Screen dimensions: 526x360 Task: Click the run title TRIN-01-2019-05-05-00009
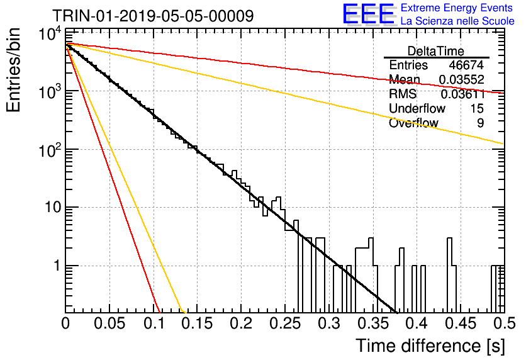coord(153,16)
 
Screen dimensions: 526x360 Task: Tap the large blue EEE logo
coord(369,14)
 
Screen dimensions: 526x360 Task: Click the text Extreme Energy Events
coord(457,8)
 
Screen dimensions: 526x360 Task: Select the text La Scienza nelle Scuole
coord(457,21)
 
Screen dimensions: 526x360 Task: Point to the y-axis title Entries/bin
coord(13,70)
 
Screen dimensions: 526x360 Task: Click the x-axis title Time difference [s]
coord(430,346)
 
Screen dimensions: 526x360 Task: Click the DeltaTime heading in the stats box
coord(436,51)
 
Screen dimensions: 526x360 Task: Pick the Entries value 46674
coord(466,65)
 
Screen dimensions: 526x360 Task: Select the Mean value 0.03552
coord(462,79)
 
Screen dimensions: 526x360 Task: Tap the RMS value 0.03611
coord(462,94)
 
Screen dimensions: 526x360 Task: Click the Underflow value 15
coord(477,108)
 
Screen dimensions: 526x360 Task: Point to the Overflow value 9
coord(480,123)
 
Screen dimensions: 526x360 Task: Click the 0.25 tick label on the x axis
coord(285,323)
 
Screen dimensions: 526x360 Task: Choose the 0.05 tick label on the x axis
coord(109,323)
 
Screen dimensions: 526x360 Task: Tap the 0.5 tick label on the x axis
coord(503,323)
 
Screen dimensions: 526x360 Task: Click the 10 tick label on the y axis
coord(53,207)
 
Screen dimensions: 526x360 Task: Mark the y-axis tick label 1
coord(57,266)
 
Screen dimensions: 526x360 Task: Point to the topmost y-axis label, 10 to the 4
coord(50,34)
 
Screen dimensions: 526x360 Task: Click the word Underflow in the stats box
coord(417,108)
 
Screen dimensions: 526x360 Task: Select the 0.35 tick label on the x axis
coord(373,323)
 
